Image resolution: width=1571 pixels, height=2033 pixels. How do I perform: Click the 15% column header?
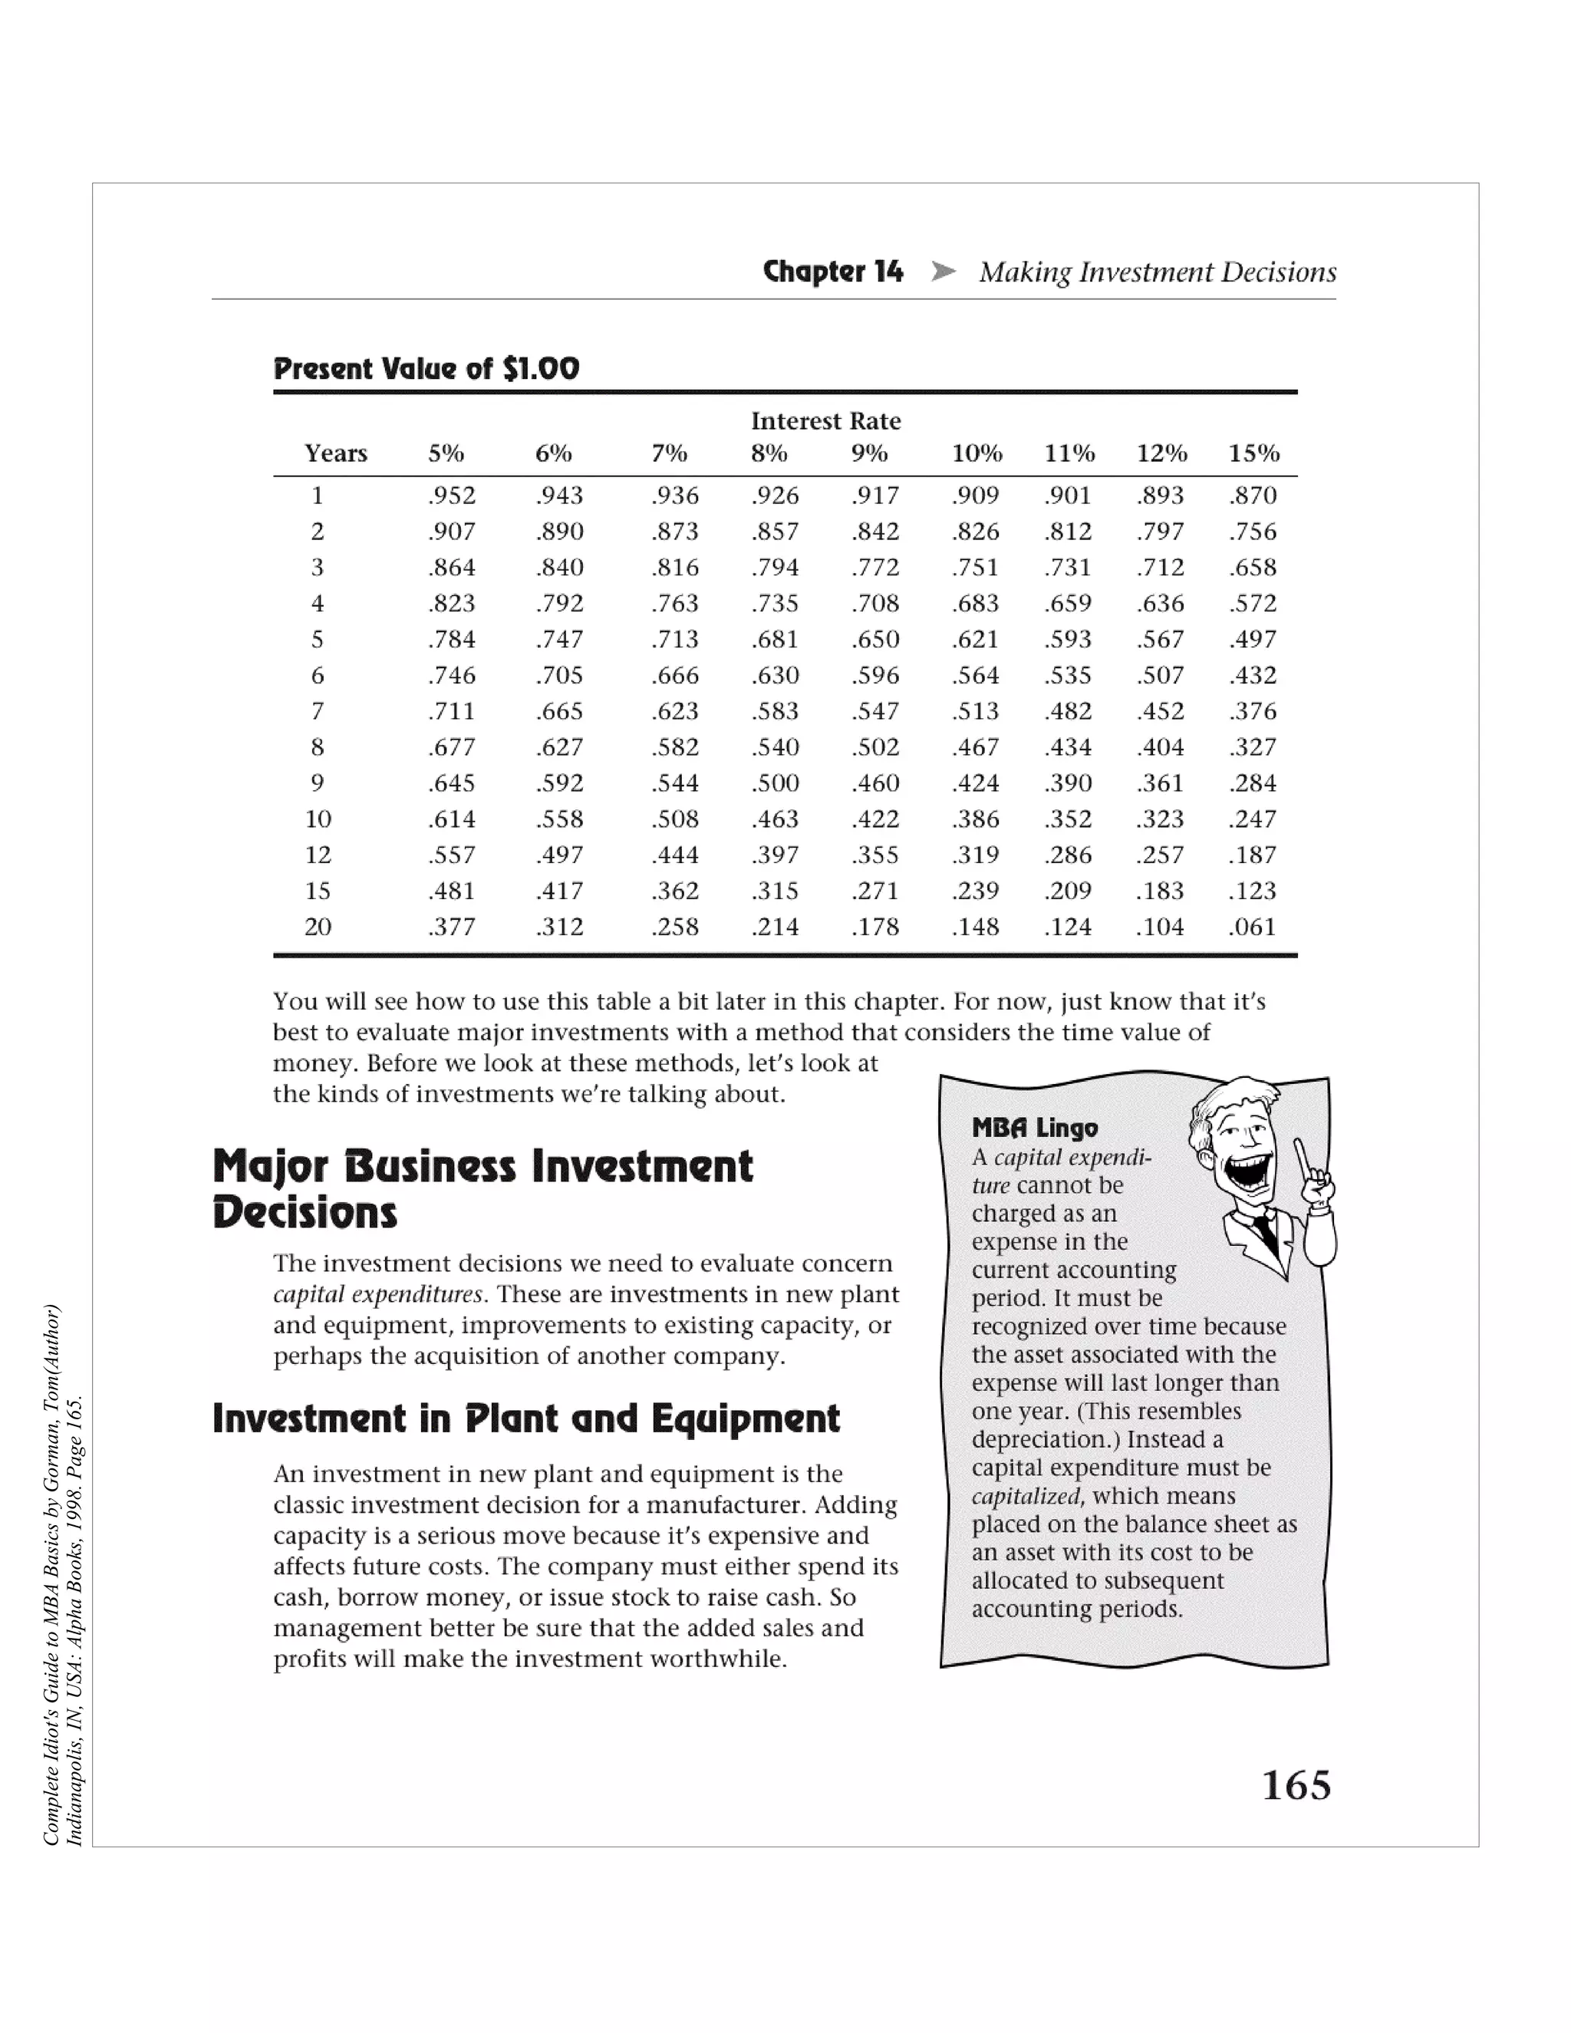coord(1253,453)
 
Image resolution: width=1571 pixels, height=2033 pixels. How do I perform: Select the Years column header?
coord(336,453)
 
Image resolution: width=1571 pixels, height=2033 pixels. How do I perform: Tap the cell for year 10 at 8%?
coord(776,819)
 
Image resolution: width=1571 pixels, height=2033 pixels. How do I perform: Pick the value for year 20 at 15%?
coord(1253,928)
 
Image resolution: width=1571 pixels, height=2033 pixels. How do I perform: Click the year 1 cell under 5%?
coord(451,496)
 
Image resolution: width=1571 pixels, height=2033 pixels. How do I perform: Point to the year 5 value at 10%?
coord(976,640)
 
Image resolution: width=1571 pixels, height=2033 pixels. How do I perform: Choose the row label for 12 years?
coord(318,855)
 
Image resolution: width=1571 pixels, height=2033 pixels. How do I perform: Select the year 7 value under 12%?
coord(1161,711)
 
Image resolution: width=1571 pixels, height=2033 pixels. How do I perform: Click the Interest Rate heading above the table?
coord(825,420)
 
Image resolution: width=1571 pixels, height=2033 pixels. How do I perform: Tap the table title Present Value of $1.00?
coord(427,368)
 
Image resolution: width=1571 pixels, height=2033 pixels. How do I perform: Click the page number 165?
coord(1296,1784)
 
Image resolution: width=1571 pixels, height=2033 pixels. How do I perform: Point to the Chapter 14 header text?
coord(833,272)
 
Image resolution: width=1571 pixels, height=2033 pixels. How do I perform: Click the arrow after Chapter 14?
coord(943,272)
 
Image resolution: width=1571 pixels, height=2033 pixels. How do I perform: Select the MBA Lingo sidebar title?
coord(1035,1129)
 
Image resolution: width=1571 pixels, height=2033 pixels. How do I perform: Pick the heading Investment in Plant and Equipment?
coord(525,1418)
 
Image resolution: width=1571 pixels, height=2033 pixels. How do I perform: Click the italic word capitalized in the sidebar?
coord(1026,1496)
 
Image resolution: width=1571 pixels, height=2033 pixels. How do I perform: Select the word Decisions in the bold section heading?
coord(305,1213)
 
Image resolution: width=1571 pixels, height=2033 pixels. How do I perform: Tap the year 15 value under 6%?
coord(559,891)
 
